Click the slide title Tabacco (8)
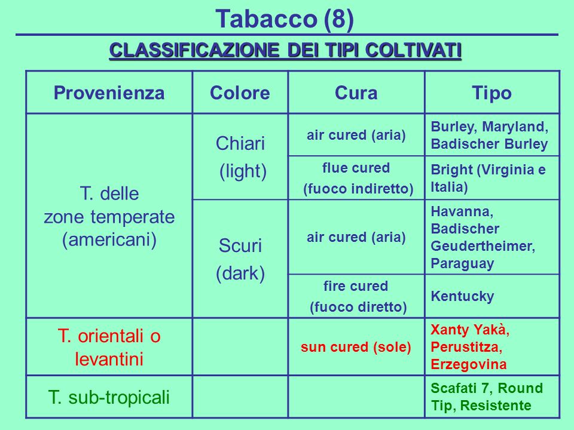pos(285,19)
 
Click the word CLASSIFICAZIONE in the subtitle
pos(194,50)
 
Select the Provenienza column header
pos(109,93)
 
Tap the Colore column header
pos(240,93)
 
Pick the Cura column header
pos(356,93)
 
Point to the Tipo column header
pos(491,93)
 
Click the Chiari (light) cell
pos(240,157)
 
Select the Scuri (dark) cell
pos(240,259)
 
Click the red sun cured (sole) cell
pos(356,347)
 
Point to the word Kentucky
pos(462,297)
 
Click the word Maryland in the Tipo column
pos(515,127)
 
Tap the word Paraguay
pos(462,264)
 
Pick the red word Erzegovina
pos(469,364)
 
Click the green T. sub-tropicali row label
pos(109,397)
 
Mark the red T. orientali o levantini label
pos(109,348)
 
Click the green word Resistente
pos(496,406)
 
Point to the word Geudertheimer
pos(483,246)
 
